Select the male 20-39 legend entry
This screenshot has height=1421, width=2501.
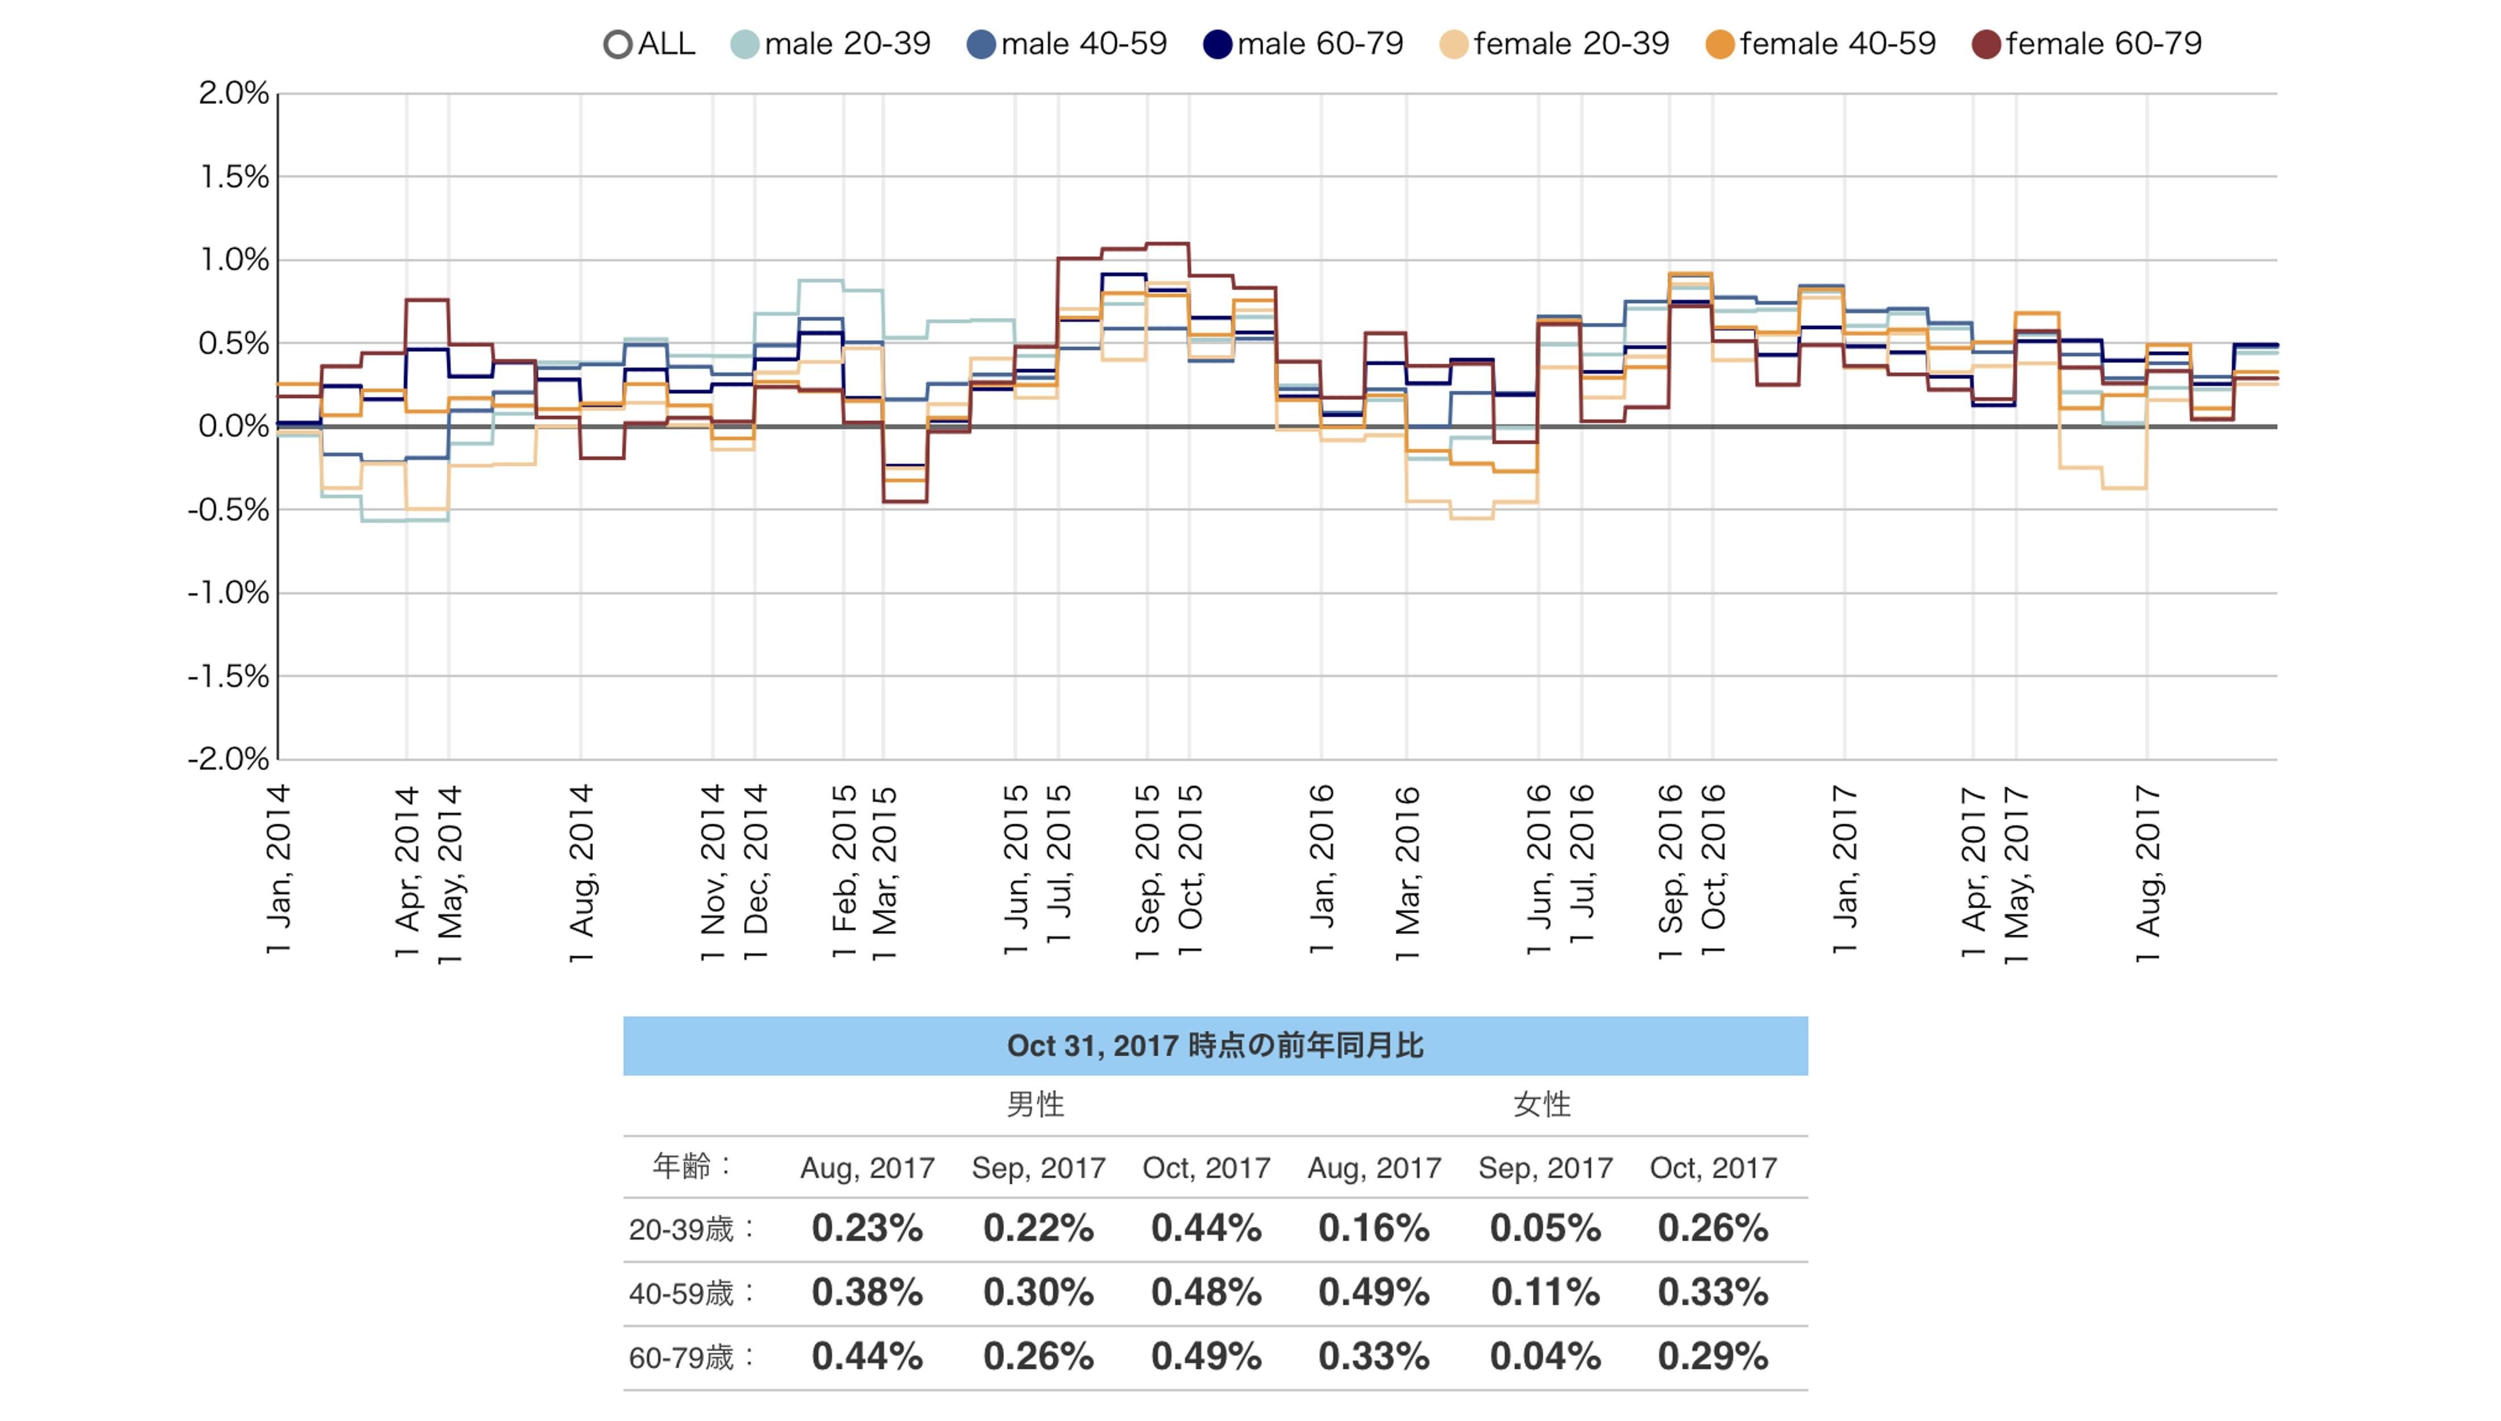tap(831, 44)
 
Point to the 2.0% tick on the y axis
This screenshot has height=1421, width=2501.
tap(233, 94)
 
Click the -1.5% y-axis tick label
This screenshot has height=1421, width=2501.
tap(229, 676)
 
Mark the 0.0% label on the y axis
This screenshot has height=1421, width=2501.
tap(233, 427)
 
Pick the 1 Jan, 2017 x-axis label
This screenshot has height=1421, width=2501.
tap(1844, 869)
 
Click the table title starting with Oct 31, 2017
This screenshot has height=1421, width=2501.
tap(1215, 1046)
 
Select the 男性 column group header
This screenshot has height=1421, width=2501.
tap(1035, 1105)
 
